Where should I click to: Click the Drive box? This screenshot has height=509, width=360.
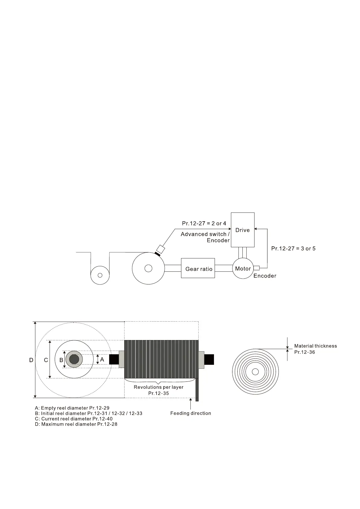(x=242, y=230)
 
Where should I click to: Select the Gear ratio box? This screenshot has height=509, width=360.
(x=198, y=268)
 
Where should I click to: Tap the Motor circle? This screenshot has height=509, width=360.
(x=243, y=268)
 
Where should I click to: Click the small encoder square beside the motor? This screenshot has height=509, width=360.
(x=256, y=267)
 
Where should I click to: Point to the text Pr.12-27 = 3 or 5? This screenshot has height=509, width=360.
(x=293, y=248)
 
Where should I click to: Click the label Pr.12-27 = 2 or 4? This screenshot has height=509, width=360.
(x=204, y=224)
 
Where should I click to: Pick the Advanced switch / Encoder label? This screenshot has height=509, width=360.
(x=205, y=237)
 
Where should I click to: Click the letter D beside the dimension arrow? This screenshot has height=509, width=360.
(x=31, y=360)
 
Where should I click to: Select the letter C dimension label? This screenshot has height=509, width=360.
(x=46, y=360)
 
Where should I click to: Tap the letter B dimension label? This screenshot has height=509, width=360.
(x=61, y=360)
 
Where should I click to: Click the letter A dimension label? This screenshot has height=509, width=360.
(x=102, y=360)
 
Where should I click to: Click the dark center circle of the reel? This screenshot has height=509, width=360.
(x=74, y=359)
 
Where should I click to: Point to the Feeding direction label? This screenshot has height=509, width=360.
(x=190, y=413)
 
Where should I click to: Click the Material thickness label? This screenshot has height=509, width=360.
(x=315, y=346)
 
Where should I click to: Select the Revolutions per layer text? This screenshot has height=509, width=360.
(x=158, y=387)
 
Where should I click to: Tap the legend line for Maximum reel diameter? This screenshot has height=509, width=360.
(x=76, y=424)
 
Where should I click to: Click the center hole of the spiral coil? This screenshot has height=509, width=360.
(x=255, y=372)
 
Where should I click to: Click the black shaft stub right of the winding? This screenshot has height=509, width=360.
(x=209, y=359)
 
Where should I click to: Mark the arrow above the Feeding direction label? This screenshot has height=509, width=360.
(x=190, y=404)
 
